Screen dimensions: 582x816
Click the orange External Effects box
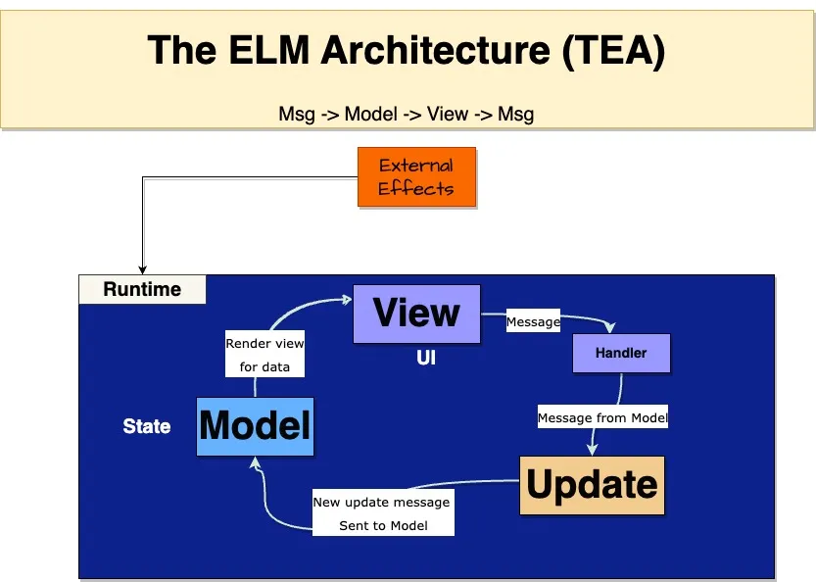416,177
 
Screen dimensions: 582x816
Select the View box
416,314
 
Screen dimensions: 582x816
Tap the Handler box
621,353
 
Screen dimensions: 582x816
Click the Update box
592,485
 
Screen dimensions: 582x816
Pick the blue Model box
255,426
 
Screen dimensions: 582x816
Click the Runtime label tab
142,289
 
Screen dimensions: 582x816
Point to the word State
147,427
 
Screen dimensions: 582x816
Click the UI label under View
426,359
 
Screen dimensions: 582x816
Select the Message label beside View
533,321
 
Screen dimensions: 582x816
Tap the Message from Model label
602,418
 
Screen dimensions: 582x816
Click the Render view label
264,344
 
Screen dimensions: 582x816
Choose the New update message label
381,502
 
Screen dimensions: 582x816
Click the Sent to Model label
381,526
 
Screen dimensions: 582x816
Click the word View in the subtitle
448,114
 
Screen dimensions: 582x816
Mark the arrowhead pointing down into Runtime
143,269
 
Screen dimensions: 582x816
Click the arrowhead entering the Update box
592,450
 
